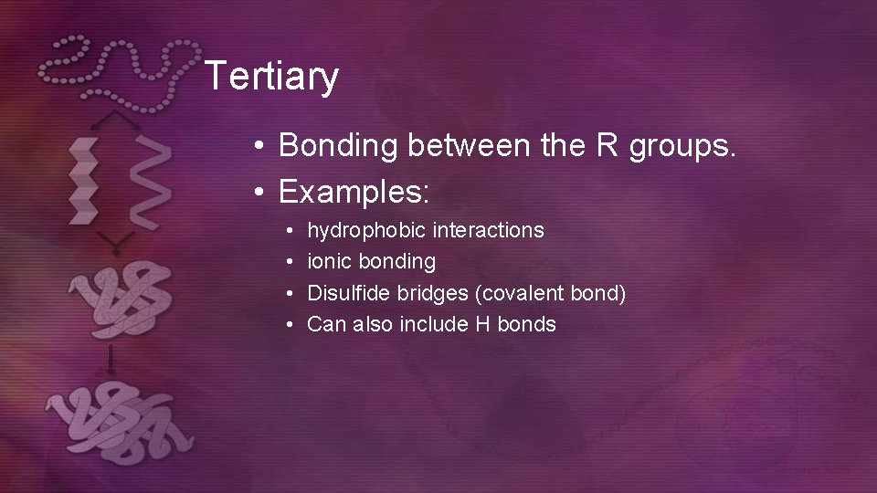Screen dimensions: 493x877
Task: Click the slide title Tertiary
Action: [x=271, y=77]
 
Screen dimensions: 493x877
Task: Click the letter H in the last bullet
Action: [x=482, y=324]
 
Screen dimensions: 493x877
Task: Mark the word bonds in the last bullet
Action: [x=526, y=324]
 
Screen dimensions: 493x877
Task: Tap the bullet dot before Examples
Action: [x=260, y=193]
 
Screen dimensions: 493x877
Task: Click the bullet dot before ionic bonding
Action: [x=289, y=262]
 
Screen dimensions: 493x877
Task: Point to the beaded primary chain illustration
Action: [x=119, y=68]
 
